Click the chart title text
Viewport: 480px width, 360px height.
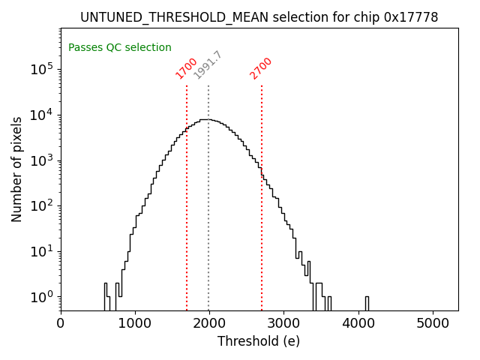[x=259, y=16]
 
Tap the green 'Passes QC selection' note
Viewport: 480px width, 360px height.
[x=120, y=47]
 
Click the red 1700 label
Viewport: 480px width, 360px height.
[x=186, y=67]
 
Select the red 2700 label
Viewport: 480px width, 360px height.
[x=261, y=67]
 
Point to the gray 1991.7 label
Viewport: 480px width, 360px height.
[x=208, y=64]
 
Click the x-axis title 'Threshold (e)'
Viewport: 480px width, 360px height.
[x=259, y=341]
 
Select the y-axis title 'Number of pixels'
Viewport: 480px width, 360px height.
[x=16, y=169]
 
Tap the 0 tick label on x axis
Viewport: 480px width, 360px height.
[x=61, y=323]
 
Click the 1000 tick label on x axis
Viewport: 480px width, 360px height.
[x=135, y=323]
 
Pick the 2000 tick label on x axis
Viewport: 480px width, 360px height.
[x=209, y=323]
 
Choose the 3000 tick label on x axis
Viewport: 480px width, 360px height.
[x=283, y=323]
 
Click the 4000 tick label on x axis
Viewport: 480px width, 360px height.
[x=358, y=323]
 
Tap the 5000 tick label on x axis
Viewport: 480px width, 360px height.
[x=432, y=323]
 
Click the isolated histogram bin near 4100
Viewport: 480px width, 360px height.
[x=366, y=303]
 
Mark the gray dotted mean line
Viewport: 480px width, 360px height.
[x=208, y=225]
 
